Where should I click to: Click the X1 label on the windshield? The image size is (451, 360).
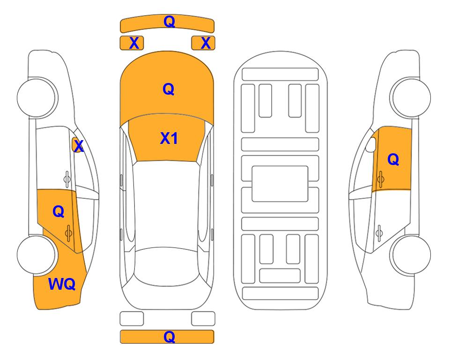click(x=169, y=138)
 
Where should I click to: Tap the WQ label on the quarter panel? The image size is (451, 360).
click(x=62, y=284)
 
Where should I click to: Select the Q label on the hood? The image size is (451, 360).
click(x=169, y=89)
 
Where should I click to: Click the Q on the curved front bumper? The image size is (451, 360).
click(x=170, y=21)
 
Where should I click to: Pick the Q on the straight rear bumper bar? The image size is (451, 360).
click(x=170, y=337)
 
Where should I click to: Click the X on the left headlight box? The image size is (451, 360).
click(x=134, y=43)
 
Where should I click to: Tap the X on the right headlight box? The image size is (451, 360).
click(x=206, y=43)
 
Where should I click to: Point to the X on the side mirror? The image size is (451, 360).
click(x=79, y=146)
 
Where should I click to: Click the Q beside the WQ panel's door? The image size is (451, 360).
click(x=59, y=212)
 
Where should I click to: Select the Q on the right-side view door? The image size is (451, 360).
click(x=393, y=159)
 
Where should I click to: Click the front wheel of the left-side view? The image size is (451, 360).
click(x=37, y=97)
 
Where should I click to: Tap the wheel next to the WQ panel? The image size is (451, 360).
click(x=37, y=255)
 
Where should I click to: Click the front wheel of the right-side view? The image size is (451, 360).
click(x=411, y=97)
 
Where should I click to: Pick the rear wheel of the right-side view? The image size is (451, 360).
click(x=411, y=255)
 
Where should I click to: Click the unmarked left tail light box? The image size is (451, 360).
click(x=132, y=319)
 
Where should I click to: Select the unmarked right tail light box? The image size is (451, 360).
click(x=203, y=319)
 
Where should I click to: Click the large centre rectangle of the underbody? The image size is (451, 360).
click(x=280, y=184)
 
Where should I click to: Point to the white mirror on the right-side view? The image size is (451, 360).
click(x=371, y=144)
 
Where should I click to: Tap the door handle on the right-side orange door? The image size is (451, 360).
click(x=380, y=179)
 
